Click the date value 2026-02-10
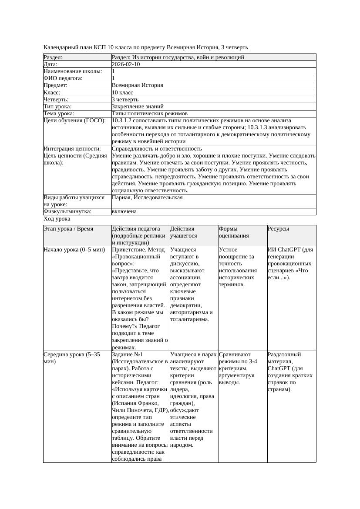click(x=126, y=64)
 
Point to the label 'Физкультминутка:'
click(x=67, y=211)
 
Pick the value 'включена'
click(x=124, y=211)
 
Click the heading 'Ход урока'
click(x=57, y=219)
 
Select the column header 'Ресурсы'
click(x=278, y=229)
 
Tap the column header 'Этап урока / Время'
click(x=68, y=229)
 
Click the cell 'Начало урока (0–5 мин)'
click(x=74, y=250)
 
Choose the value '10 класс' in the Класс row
click(x=122, y=93)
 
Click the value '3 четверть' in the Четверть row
click(x=125, y=100)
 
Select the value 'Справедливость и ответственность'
click(x=157, y=149)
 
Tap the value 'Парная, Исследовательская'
click(x=147, y=198)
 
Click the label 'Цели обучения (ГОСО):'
click(x=74, y=121)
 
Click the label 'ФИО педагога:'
click(x=63, y=78)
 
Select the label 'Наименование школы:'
click(x=73, y=71)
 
